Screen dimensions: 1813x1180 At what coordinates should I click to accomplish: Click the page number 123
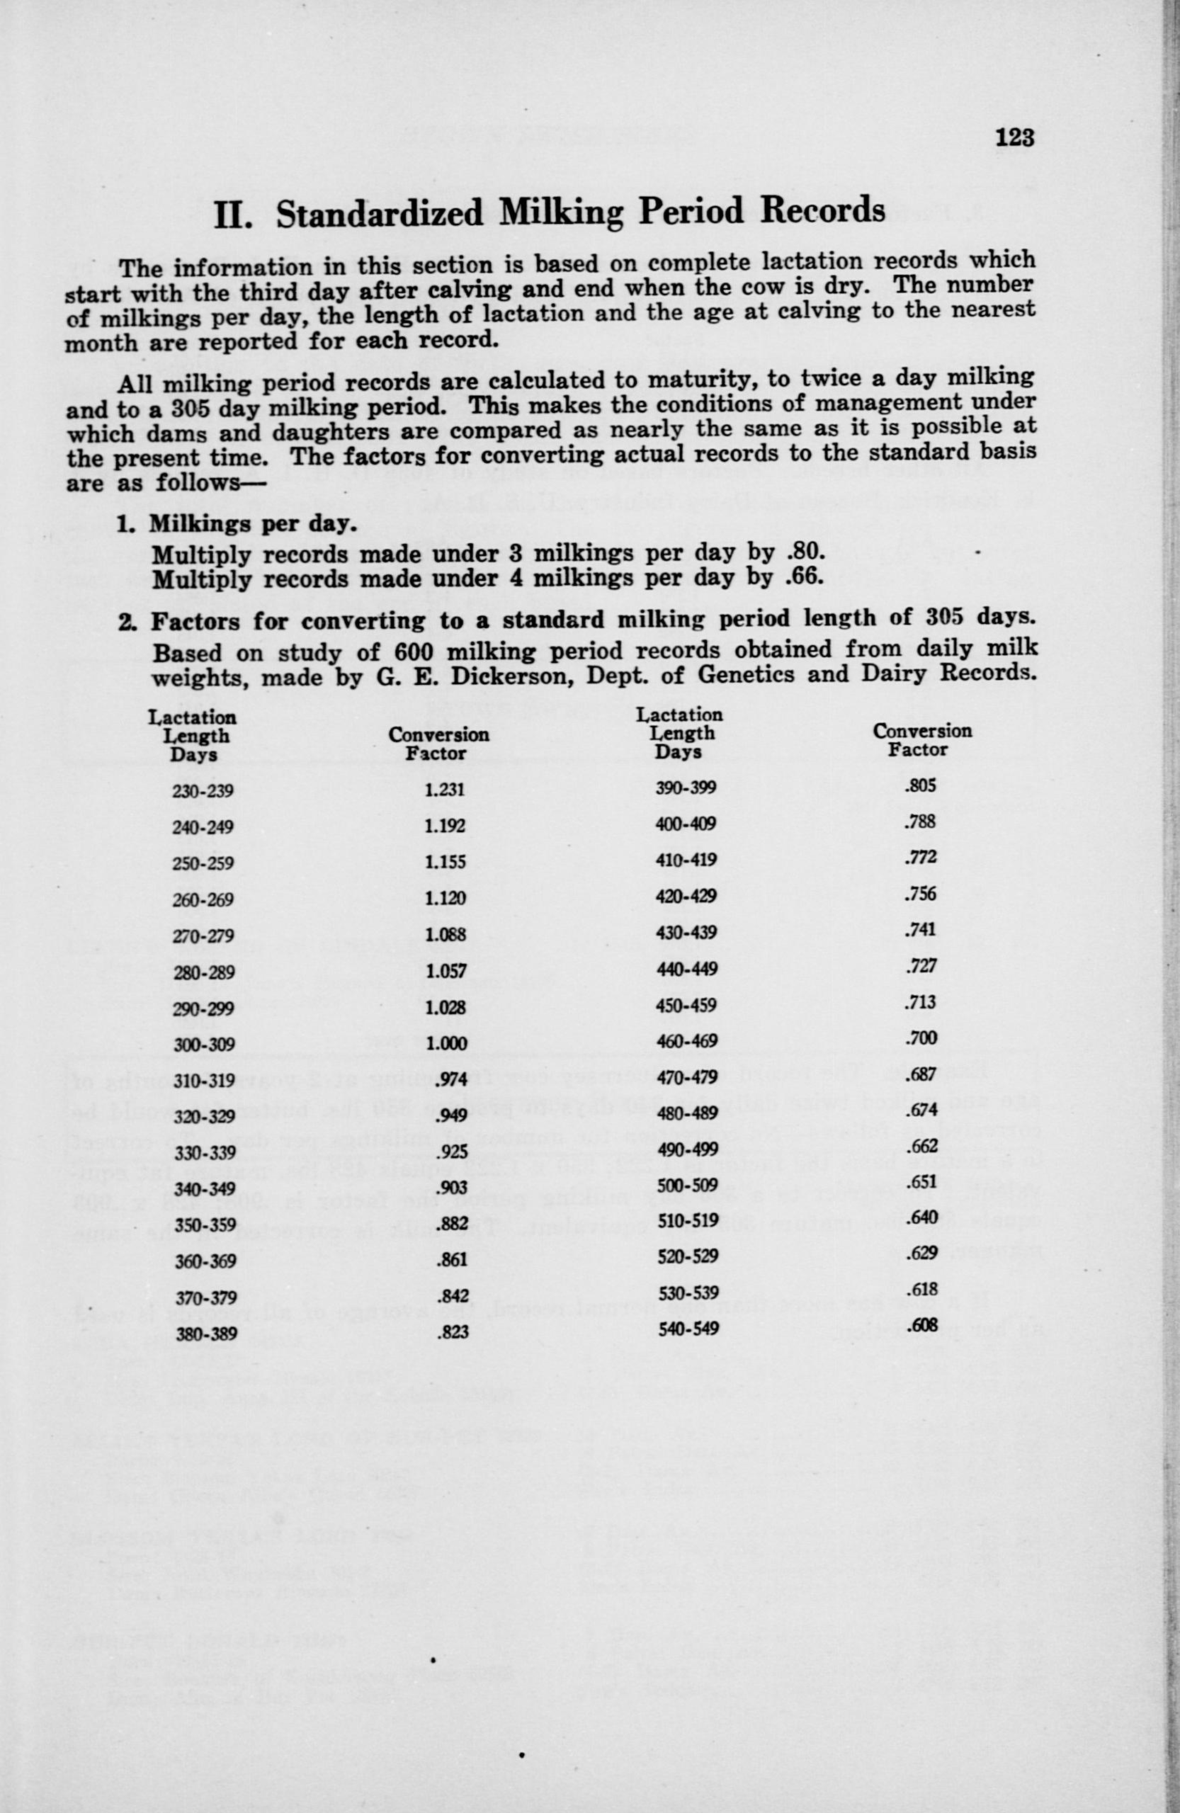pyautogui.click(x=1015, y=138)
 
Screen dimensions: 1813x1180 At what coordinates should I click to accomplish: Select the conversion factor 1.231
pyautogui.click(x=445, y=790)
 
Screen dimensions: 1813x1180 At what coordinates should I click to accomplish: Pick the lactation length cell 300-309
pyautogui.click(x=203, y=1045)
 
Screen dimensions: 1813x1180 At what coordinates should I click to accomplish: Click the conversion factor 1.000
pyautogui.click(x=446, y=1045)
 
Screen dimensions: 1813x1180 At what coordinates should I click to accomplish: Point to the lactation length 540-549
pyautogui.click(x=687, y=1329)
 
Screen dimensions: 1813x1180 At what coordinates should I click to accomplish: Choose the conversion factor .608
pyautogui.click(x=921, y=1326)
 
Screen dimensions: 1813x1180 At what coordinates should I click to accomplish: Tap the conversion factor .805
pyautogui.click(x=919, y=785)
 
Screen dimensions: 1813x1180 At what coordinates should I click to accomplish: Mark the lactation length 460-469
pyautogui.click(x=686, y=1040)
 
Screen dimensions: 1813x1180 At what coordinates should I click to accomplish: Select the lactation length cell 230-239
pyautogui.click(x=203, y=792)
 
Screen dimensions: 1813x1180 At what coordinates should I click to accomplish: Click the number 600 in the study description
pyautogui.click(x=416, y=652)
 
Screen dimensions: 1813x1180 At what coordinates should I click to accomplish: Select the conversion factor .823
pyautogui.click(x=451, y=1333)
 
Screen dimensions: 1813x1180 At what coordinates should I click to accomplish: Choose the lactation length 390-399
pyautogui.click(x=686, y=788)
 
